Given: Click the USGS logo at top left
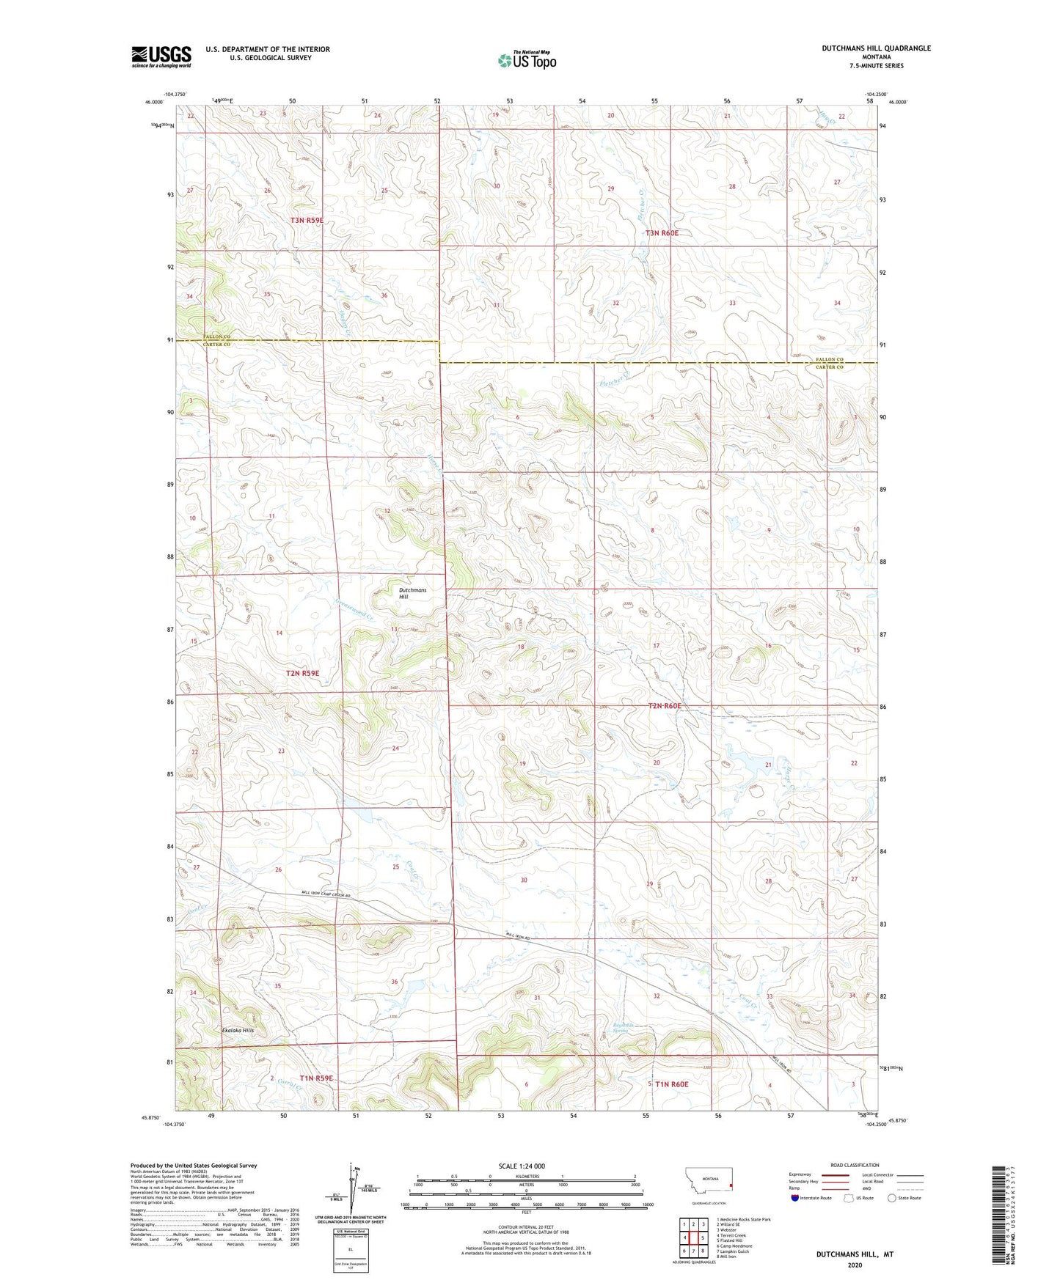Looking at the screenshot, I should (161, 56).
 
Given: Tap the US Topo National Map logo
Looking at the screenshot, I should (526, 60).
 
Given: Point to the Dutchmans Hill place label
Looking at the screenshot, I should (412, 593).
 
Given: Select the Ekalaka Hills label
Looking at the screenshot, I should (238, 1030).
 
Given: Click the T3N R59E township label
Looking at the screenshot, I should (307, 220).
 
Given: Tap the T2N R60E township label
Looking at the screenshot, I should (665, 706).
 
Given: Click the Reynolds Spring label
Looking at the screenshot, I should (624, 1027).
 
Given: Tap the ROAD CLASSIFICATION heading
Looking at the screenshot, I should (855, 1165).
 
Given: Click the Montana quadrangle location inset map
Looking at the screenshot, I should (708, 1183).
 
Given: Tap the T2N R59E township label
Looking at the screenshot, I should (302, 673).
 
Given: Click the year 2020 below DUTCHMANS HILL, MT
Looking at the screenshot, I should (855, 1265).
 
